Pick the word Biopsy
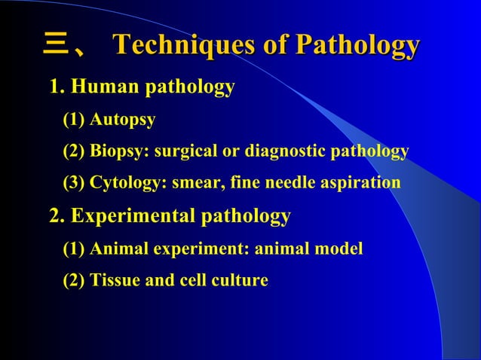point(119,151)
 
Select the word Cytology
point(124,183)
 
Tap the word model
point(339,249)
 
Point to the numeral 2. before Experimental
point(57,217)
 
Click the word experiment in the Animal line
point(187,249)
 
